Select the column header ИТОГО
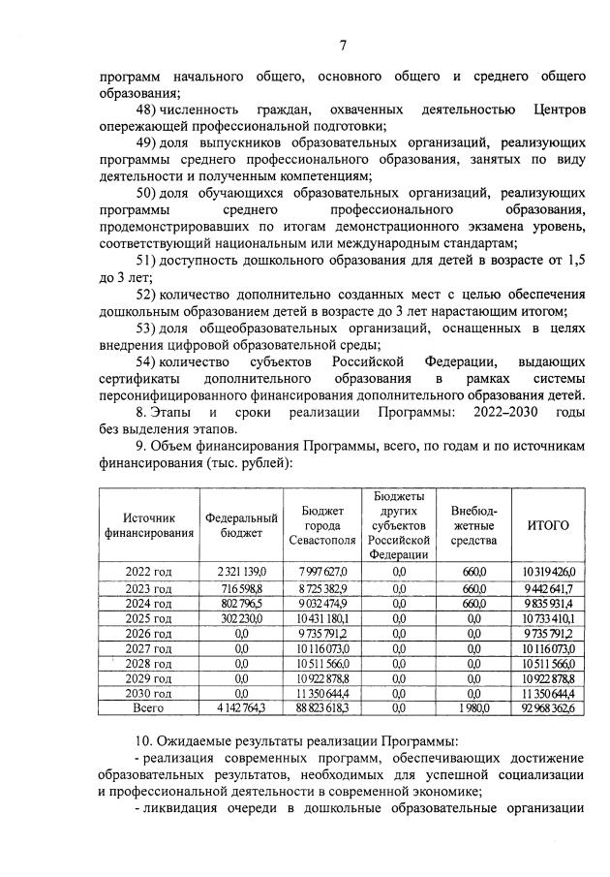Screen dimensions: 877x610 tap(547, 525)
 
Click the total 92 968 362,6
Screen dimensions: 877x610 tap(547, 710)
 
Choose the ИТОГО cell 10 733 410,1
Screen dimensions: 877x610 tap(548, 617)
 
